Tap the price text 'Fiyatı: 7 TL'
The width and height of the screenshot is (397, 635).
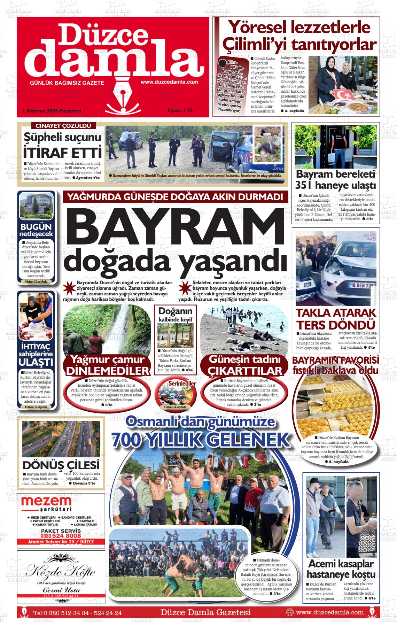tap(180, 110)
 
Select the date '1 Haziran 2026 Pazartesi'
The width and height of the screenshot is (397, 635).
tap(52, 111)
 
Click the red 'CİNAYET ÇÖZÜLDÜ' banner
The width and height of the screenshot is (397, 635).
tap(63, 126)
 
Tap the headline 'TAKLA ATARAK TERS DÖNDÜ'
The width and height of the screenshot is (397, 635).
tap(336, 319)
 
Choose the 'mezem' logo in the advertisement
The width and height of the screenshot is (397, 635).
tap(46, 502)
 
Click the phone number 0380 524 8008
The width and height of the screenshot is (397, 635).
tap(61, 536)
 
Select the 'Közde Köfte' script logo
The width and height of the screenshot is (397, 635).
tap(61, 572)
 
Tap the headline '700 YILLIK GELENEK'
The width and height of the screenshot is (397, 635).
tap(200, 440)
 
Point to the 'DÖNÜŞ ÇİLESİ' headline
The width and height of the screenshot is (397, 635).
tap(61, 465)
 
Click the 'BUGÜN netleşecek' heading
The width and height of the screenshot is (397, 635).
tap(36, 230)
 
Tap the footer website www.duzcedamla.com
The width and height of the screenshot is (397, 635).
tap(329, 612)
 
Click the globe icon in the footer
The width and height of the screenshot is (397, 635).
tap(290, 612)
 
